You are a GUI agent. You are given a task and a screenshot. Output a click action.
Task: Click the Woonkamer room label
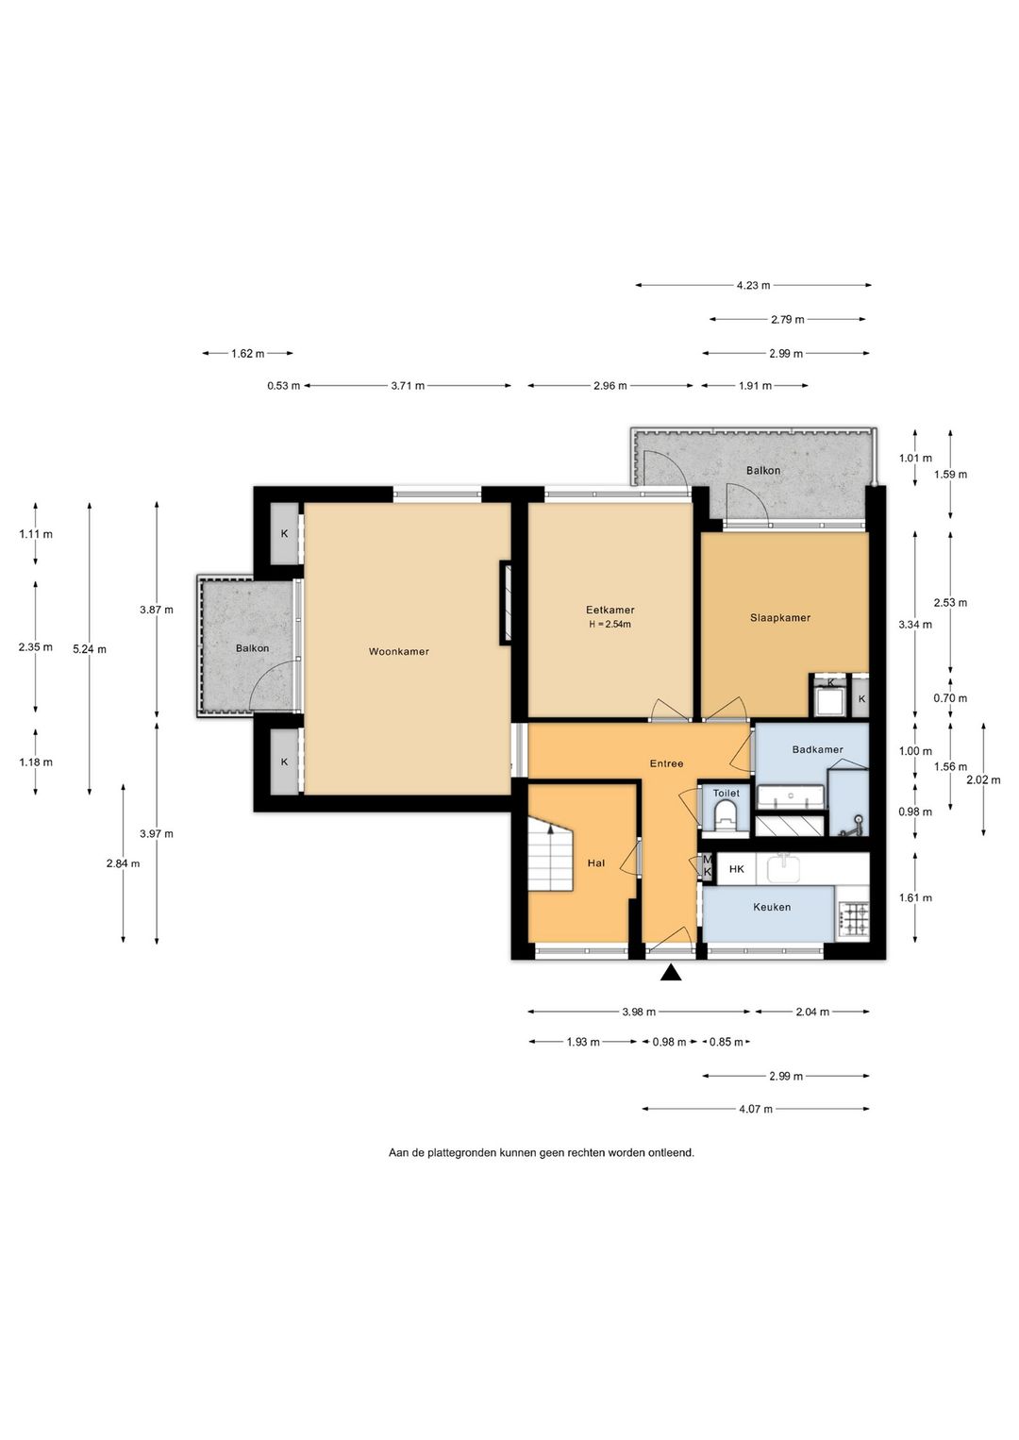click(x=398, y=652)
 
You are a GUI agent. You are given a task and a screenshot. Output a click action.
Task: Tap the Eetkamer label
click(x=610, y=611)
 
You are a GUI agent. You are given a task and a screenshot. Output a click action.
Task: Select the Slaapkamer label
click(x=780, y=618)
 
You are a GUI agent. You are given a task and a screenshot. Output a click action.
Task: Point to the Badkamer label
click(x=817, y=749)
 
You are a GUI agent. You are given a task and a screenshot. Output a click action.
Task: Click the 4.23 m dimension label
click(x=754, y=285)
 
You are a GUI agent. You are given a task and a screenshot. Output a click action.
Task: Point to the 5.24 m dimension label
click(x=90, y=649)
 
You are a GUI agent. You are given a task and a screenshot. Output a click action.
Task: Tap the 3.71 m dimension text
click(x=408, y=386)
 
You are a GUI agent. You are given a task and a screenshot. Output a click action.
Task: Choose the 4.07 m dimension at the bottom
click(x=756, y=1109)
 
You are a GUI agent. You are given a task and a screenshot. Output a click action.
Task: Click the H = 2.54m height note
click(x=610, y=624)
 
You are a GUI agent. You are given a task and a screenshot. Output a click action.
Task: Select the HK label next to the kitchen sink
click(x=737, y=869)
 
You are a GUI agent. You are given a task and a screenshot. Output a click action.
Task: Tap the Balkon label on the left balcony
click(x=252, y=648)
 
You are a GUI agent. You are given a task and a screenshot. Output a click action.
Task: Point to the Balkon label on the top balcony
click(x=763, y=471)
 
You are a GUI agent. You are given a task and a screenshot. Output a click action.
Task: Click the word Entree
click(x=667, y=763)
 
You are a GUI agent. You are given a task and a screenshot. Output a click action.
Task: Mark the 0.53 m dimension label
click(x=283, y=386)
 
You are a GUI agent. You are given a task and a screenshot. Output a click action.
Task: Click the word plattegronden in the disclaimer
click(x=461, y=1153)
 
